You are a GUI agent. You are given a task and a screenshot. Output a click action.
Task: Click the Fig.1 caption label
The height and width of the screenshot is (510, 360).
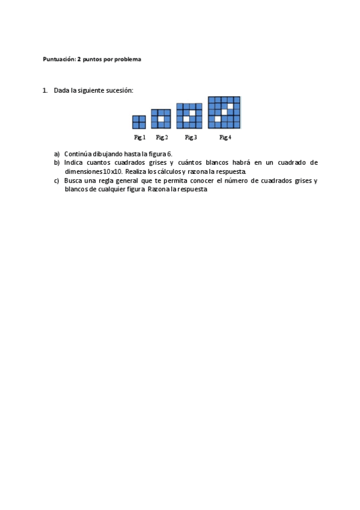coord(139,138)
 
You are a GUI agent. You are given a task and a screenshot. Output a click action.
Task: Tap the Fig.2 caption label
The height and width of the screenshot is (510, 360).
coord(162,138)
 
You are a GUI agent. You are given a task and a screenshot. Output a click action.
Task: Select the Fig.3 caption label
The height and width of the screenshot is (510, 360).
coord(191,138)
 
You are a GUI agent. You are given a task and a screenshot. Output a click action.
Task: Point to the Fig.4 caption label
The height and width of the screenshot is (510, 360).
coord(225,138)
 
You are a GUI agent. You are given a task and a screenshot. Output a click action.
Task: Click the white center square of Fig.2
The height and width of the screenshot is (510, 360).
coord(161,119)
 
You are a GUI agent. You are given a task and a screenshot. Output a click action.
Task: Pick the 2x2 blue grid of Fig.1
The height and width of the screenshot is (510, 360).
coord(139,122)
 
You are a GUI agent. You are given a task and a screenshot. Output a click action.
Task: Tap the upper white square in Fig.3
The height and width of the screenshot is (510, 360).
coord(192,112)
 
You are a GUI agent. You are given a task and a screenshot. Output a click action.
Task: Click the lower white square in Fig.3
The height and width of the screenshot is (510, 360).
coord(186,119)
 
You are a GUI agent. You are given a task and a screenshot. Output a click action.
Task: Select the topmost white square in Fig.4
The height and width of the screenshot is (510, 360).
coord(231,106)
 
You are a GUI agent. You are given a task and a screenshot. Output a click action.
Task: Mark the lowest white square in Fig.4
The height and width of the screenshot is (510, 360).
coord(218,118)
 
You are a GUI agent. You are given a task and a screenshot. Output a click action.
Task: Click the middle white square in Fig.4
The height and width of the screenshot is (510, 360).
coord(224,112)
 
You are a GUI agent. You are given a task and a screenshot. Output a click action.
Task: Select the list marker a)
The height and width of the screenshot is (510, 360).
coord(57,154)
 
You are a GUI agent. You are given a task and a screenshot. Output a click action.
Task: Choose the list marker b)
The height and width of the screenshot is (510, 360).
coord(57,162)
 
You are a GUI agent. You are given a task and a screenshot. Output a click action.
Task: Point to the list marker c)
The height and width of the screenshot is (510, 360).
coord(57,180)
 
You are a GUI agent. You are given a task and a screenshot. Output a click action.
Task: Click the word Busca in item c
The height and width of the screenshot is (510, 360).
coord(73,180)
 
